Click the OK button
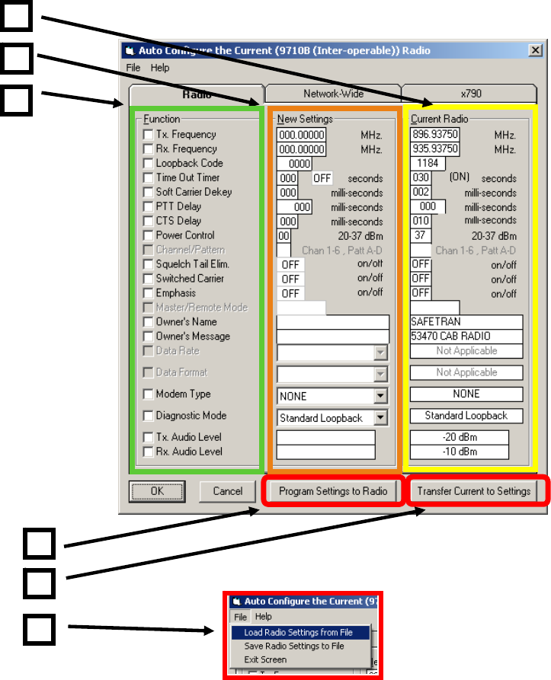[x=157, y=491]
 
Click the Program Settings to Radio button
[x=332, y=491]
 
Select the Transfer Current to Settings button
[x=473, y=491]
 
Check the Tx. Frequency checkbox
[x=148, y=135]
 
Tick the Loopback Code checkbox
[x=148, y=164]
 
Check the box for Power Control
[x=148, y=236]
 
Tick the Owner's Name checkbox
[x=148, y=322]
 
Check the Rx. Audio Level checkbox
[x=148, y=452]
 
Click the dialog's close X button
[x=535, y=51]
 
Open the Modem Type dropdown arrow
[x=380, y=397]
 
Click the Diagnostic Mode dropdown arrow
[x=380, y=418]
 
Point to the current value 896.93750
[x=434, y=135]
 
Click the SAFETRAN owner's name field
[x=466, y=322]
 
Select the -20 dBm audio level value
[x=459, y=437]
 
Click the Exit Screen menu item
[x=265, y=659]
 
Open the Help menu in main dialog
[x=160, y=68]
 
